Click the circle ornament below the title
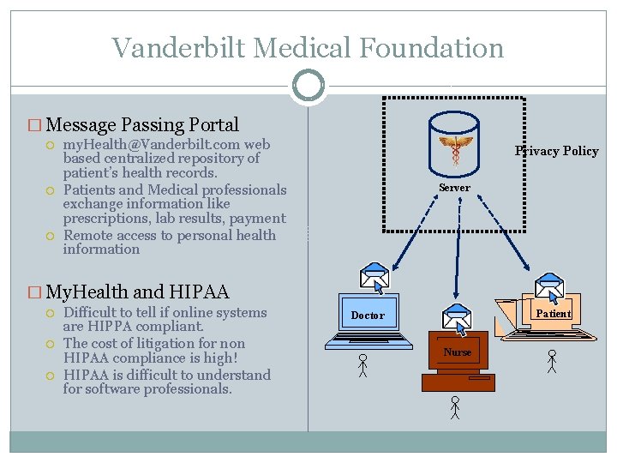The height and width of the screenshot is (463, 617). pos(308,85)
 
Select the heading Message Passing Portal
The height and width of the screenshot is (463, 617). pos(144,125)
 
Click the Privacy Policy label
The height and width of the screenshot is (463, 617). pos(556,151)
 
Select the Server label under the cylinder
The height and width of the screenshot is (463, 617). pos(454,187)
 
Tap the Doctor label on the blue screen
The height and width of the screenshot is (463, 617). pos(368,316)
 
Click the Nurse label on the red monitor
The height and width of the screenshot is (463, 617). pos(457,352)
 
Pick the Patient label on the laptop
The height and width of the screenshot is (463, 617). pos(553,313)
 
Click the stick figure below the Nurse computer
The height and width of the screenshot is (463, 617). pos(455,408)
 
